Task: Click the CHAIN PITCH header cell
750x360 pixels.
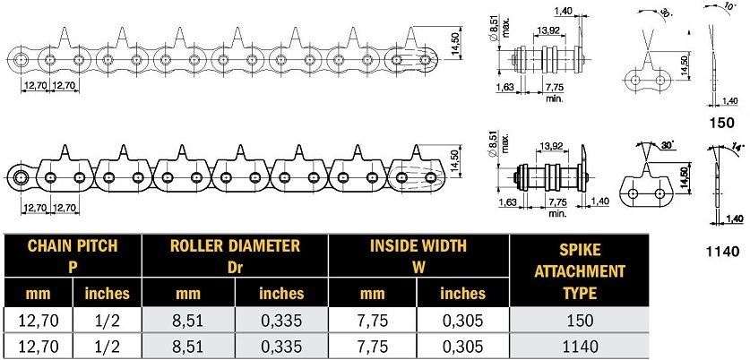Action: [x=73, y=256]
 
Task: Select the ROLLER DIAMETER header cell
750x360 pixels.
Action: [x=236, y=256]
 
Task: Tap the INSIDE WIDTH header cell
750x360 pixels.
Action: [x=418, y=256]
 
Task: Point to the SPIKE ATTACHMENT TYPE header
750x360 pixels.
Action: [x=579, y=271]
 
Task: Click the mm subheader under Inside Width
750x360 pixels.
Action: [x=373, y=293]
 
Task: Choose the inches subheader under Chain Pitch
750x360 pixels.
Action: [x=108, y=293]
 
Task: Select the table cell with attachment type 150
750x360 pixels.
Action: [x=579, y=320]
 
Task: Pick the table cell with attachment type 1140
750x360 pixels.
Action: [x=579, y=346]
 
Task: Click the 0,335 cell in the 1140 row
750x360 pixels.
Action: [x=281, y=346]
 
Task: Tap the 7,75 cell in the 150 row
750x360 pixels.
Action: [x=373, y=320]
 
